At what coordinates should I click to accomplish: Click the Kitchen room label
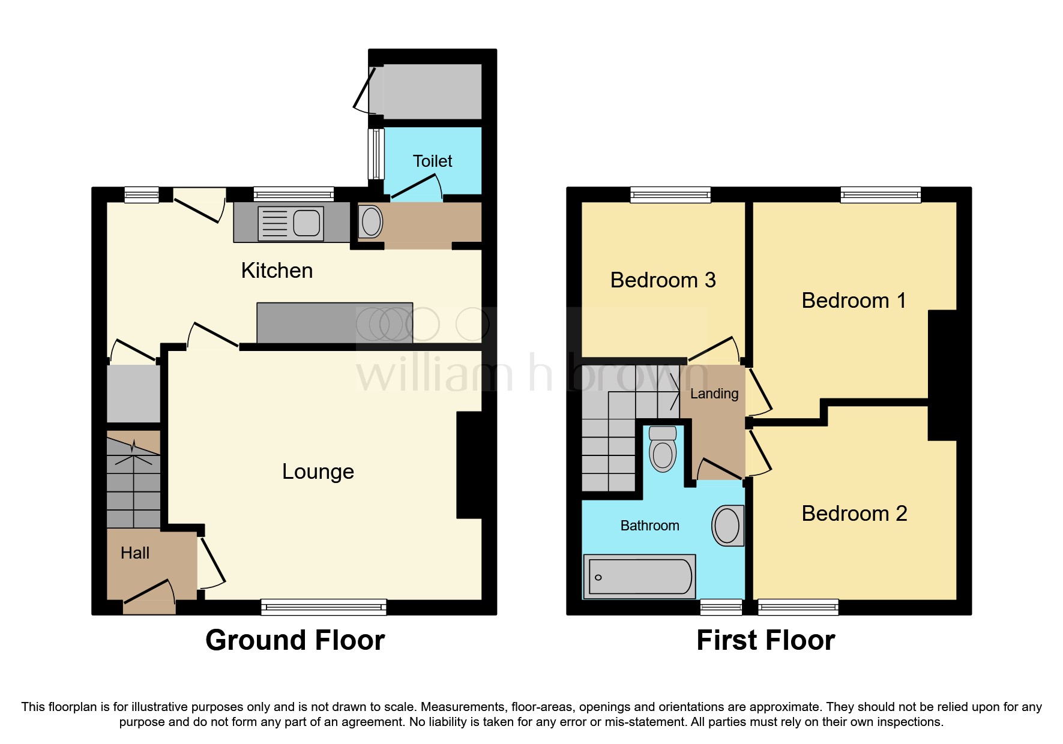click(x=277, y=271)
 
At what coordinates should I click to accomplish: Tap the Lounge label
click(x=318, y=472)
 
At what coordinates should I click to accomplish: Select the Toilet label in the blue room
click(x=432, y=161)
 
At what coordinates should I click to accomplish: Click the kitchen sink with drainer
click(x=291, y=223)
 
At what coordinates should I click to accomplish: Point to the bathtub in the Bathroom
click(x=639, y=577)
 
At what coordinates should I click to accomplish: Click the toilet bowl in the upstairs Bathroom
click(x=663, y=451)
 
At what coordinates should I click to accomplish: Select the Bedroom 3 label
click(x=663, y=280)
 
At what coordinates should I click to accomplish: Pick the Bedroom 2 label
click(x=854, y=514)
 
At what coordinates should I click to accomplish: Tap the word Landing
click(x=714, y=394)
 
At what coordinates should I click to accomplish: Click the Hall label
click(x=134, y=553)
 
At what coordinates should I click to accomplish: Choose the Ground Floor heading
click(x=295, y=640)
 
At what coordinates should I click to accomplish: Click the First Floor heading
click(x=765, y=640)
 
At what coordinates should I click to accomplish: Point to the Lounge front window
click(x=324, y=607)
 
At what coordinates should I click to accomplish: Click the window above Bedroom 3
click(x=670, y=194)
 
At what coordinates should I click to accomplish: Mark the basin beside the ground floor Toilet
click(x=371, y=222)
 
